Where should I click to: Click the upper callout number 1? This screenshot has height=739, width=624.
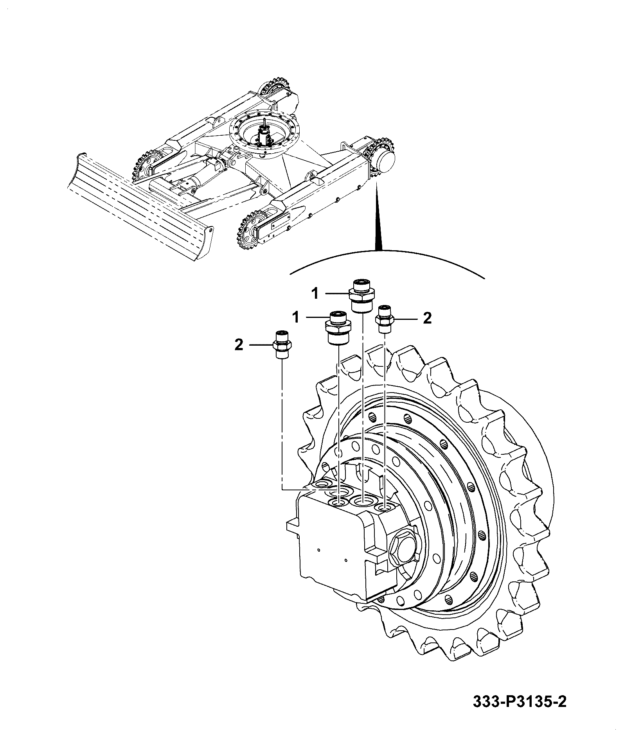315,293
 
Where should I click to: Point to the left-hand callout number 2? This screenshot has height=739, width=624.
239,345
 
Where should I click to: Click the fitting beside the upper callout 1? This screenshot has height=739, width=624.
362,296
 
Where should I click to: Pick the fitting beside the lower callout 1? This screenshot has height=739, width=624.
338,328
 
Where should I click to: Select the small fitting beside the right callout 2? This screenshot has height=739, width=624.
385,318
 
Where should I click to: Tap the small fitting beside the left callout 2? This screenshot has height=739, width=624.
282,344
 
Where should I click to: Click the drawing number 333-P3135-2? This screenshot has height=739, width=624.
520,712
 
